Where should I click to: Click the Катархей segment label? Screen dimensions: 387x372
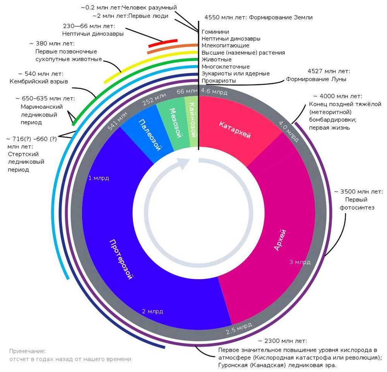(x=235, y=130)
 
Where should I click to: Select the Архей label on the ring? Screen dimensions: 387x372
(x=280, y=240)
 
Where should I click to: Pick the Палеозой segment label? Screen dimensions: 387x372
(x=150, y=135)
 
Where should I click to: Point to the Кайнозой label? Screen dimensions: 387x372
(x=192, y=120)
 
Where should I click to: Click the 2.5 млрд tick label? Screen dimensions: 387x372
(x=239, y=328)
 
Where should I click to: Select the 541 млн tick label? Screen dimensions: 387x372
(x=118, y=121)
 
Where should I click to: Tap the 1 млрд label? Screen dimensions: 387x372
(x=99, y=178)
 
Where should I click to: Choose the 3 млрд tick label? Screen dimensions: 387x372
(x=300, y=262)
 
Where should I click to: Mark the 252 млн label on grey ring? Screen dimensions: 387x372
(x=154, y=99)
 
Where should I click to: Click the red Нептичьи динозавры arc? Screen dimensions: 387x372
(x=163, y=43)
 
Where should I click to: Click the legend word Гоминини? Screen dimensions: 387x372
(x=215, y=32)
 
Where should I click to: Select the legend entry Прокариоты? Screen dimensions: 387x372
(x=219, y=81)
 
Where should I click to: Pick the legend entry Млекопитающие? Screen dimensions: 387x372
(x=225, y=45)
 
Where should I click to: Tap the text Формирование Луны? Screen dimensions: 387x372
(x=316, y=79)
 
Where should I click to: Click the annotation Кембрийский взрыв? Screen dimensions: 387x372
(x=39, y=81)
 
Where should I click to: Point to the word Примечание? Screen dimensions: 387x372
(x=27, y=351)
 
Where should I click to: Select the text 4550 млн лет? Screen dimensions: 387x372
(x=225, y=17)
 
